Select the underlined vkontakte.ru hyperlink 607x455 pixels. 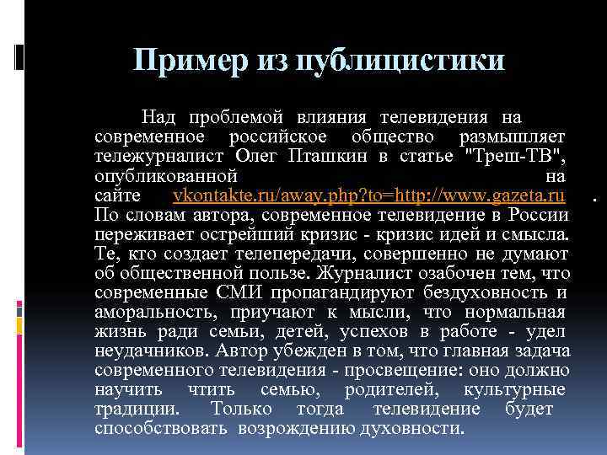click(x=368, y=195)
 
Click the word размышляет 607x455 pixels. click(x=513, y=136)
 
